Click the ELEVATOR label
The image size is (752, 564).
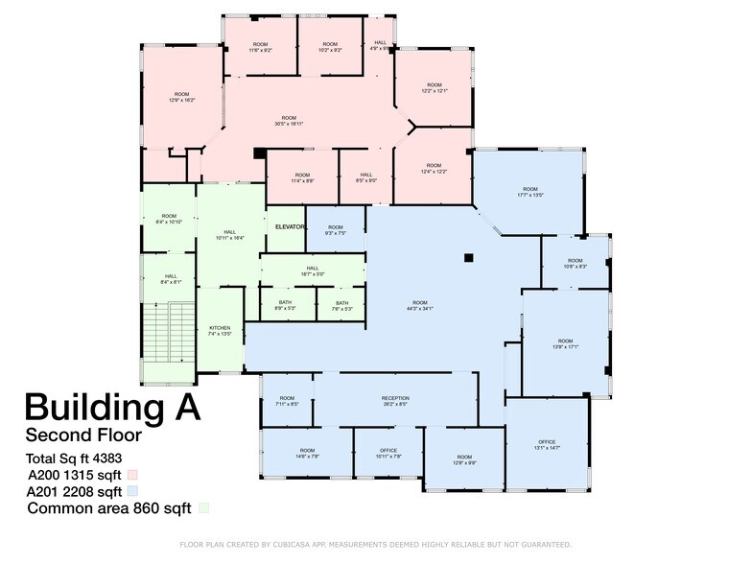[289, 226]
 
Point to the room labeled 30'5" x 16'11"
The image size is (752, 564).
[289, 120]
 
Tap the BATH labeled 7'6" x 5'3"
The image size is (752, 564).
[341, 306]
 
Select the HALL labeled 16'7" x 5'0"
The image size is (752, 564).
[313, 271]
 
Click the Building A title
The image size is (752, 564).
[112, 406]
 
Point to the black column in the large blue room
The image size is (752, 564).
[468, 257]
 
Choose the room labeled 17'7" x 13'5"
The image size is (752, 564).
[529, 192]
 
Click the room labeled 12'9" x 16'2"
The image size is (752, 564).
[181, 97]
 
